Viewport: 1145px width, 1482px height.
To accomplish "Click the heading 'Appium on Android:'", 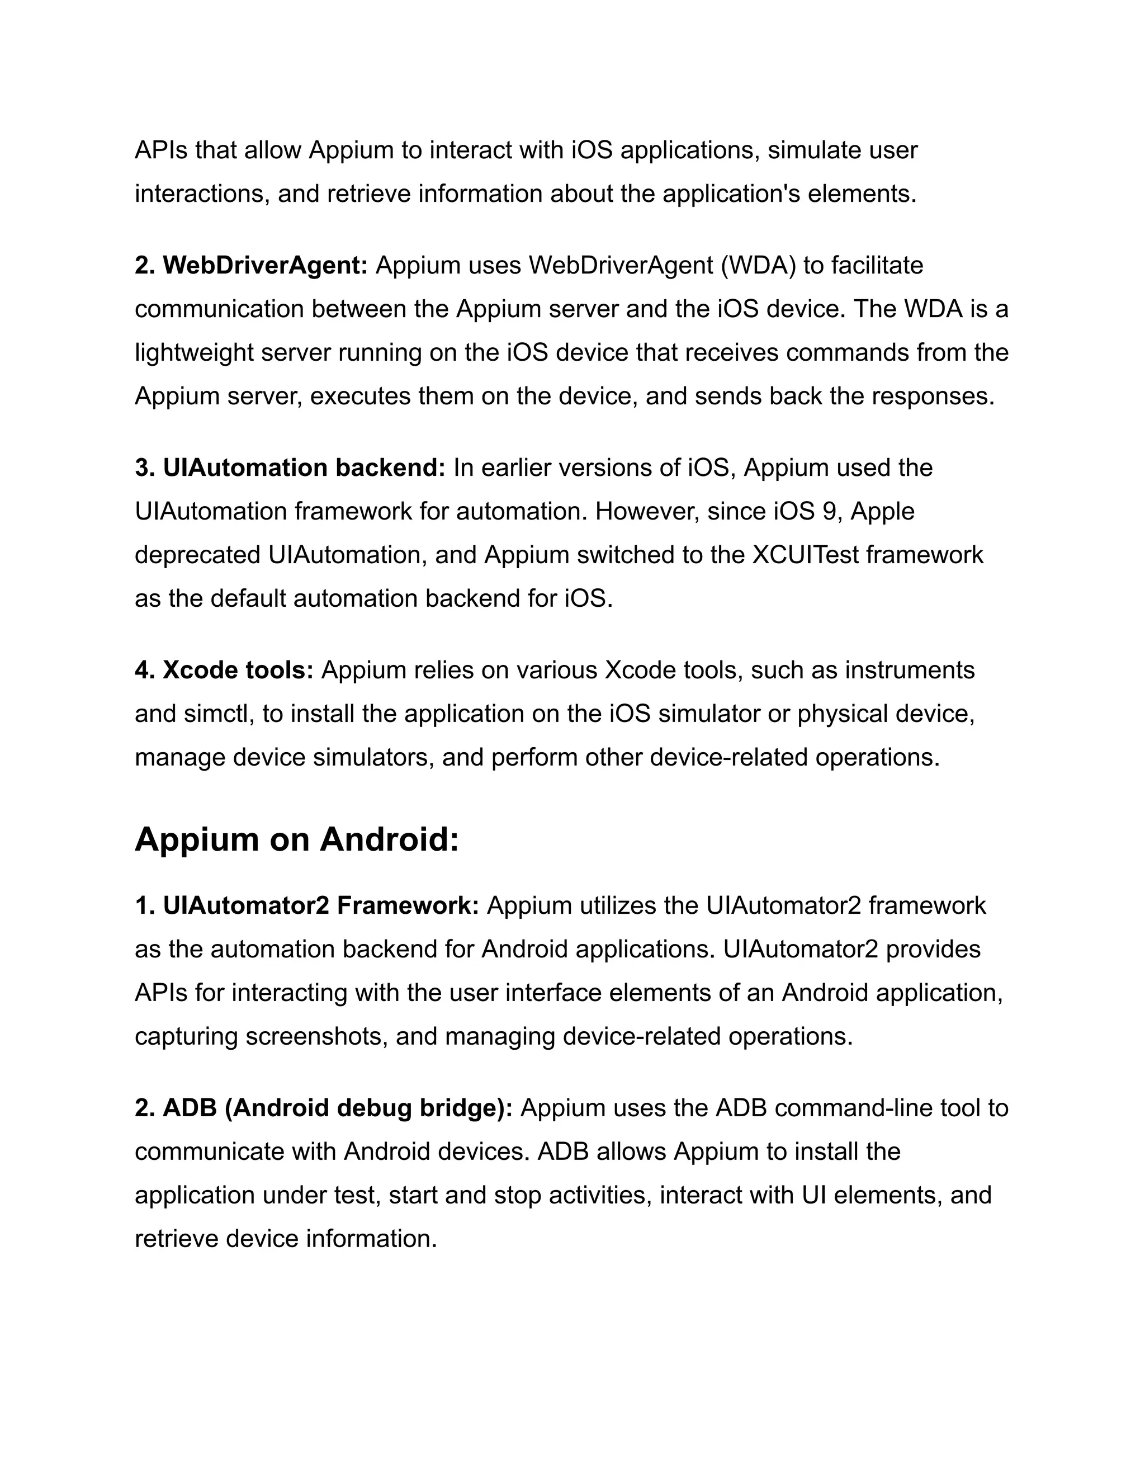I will tap(296, 839).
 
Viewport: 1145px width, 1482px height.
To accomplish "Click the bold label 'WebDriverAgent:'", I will tap(265, 265).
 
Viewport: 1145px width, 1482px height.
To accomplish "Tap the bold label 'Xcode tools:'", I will tap(238, 670).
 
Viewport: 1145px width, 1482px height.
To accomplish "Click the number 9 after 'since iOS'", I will tap(829, 511).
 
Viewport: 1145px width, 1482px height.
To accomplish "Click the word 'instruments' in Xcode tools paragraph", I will tap(909, 670).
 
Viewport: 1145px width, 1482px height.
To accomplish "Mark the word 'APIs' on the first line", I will tap(161, 150).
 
